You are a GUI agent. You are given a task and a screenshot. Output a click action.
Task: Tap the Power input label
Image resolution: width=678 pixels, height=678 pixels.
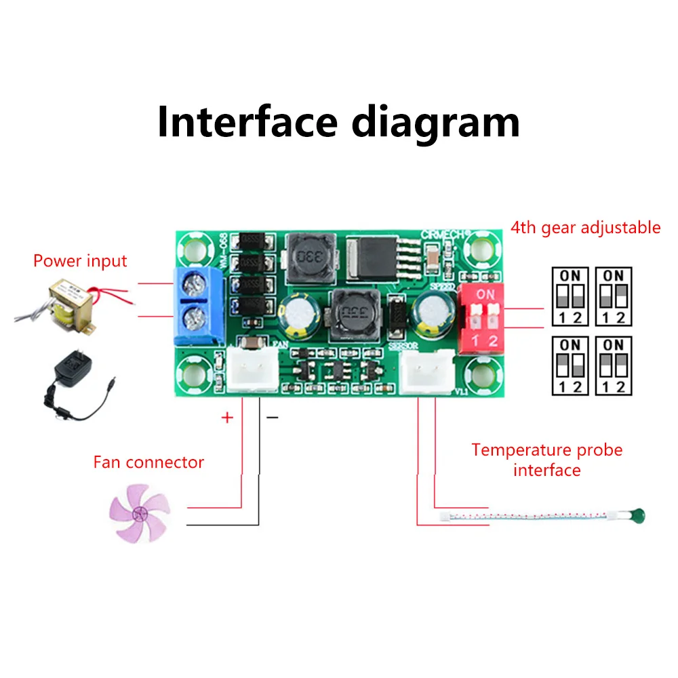coord(80,260)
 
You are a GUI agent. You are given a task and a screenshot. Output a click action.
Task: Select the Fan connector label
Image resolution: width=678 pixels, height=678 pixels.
coord(148,462)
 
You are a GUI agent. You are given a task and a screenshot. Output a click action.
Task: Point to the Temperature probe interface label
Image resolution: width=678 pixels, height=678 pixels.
coord(546,460)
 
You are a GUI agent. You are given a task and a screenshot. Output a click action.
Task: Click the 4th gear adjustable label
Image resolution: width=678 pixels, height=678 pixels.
coord(586,227)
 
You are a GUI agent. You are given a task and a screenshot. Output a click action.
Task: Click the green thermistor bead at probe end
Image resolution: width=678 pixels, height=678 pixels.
coord(637,517)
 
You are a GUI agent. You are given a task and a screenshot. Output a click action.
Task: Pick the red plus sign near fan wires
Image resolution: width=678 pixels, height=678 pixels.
coord(227,417)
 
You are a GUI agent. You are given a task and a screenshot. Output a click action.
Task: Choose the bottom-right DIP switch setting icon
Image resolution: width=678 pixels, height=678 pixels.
coord(613,365)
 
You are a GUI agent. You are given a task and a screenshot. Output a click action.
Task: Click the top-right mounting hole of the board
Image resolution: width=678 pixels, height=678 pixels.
coord(485,248)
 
